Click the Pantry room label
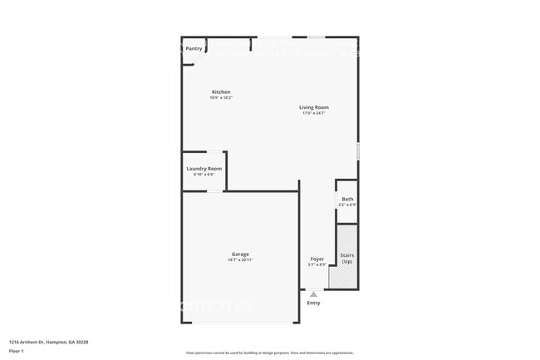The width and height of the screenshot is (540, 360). tap(194, 48)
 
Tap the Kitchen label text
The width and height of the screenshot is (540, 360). tap(221, 91)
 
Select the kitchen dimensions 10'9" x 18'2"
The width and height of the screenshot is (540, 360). tap(221, 98)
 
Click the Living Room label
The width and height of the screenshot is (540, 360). tap(315, 106)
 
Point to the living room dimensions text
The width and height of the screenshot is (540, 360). tap(315, 113)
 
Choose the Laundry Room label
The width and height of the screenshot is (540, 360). tap(204, 169)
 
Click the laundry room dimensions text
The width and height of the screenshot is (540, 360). tap(204, 175)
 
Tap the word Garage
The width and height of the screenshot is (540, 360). tap(240, 254)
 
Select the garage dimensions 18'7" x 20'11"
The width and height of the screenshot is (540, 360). tap(240, 260)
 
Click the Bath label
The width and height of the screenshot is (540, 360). tap(347, 199)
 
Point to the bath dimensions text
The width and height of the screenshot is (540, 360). tap(347, 205)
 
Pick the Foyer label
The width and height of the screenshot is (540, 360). tap(317, 259)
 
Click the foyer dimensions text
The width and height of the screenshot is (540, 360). tap(317, 264)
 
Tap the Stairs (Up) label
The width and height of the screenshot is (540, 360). tap(347, 259)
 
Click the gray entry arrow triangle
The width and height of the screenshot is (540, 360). tap(313, 293)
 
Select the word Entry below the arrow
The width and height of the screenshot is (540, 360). tap(313, 303)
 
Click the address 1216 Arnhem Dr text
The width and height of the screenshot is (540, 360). tap(48, 342)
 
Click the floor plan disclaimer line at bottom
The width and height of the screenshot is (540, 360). tap(269, 353)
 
